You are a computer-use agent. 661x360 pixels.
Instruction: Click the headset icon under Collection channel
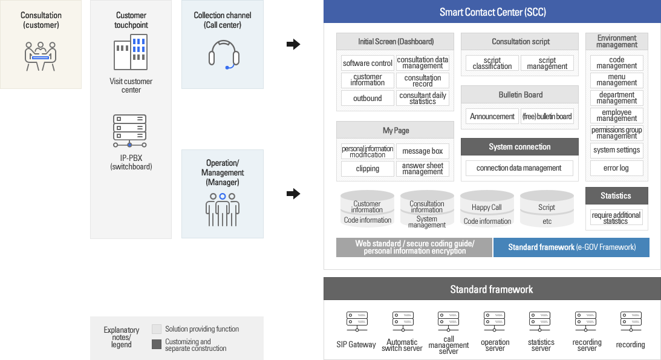point(224,54)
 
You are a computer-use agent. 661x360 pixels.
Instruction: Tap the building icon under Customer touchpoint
point(131,53)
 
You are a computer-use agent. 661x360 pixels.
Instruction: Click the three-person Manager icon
point(223,209)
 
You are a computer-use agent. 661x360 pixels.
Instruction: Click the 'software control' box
point(368,64)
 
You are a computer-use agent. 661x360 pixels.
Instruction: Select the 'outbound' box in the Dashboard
point(368,98)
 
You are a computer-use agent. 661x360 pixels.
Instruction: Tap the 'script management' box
point(547,64)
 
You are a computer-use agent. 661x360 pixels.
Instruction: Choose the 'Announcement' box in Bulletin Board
point(492,116)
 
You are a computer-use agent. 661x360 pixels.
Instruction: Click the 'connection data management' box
point(519,168)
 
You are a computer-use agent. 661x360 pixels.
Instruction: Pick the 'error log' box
point(616,168)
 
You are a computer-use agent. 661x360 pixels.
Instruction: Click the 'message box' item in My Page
point(422,151)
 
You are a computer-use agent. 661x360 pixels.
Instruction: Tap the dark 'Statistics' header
point(616,196)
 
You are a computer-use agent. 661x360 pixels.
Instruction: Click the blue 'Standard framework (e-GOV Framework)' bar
point(571,247)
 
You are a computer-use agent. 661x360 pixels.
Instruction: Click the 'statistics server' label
point(541,345)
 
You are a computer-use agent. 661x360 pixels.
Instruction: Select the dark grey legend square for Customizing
point(157,344)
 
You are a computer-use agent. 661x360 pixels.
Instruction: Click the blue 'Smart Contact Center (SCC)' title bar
point(492,12)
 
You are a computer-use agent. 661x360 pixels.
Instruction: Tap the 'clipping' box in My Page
point(368,169)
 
